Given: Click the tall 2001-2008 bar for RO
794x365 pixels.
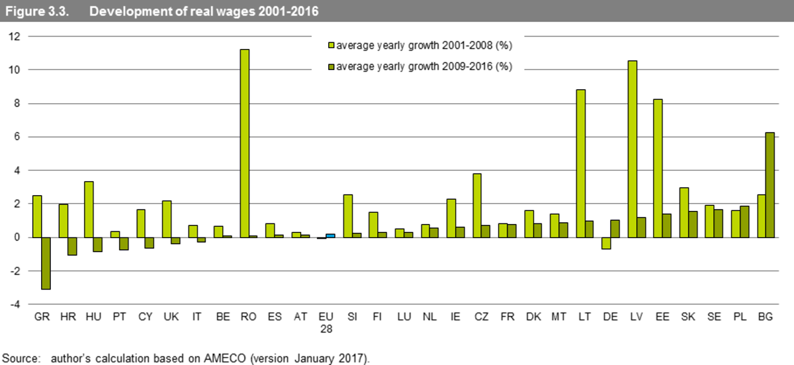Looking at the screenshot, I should (x=244, y=143).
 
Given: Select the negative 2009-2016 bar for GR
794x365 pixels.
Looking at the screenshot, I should (x=46, y=263).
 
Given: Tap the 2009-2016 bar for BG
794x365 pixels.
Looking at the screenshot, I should (x=770, y=184).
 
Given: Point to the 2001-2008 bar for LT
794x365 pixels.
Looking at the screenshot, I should (x=580, y=163).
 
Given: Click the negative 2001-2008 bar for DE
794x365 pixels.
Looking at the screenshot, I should (x=606, y=243).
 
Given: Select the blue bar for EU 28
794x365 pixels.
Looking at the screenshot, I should (x=330, y=235).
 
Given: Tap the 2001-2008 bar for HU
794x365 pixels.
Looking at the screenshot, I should (x=89, y=209).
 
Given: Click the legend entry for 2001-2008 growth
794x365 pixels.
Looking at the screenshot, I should (x=424, y=46).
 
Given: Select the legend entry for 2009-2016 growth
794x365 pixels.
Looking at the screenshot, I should (x=424, y=66).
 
